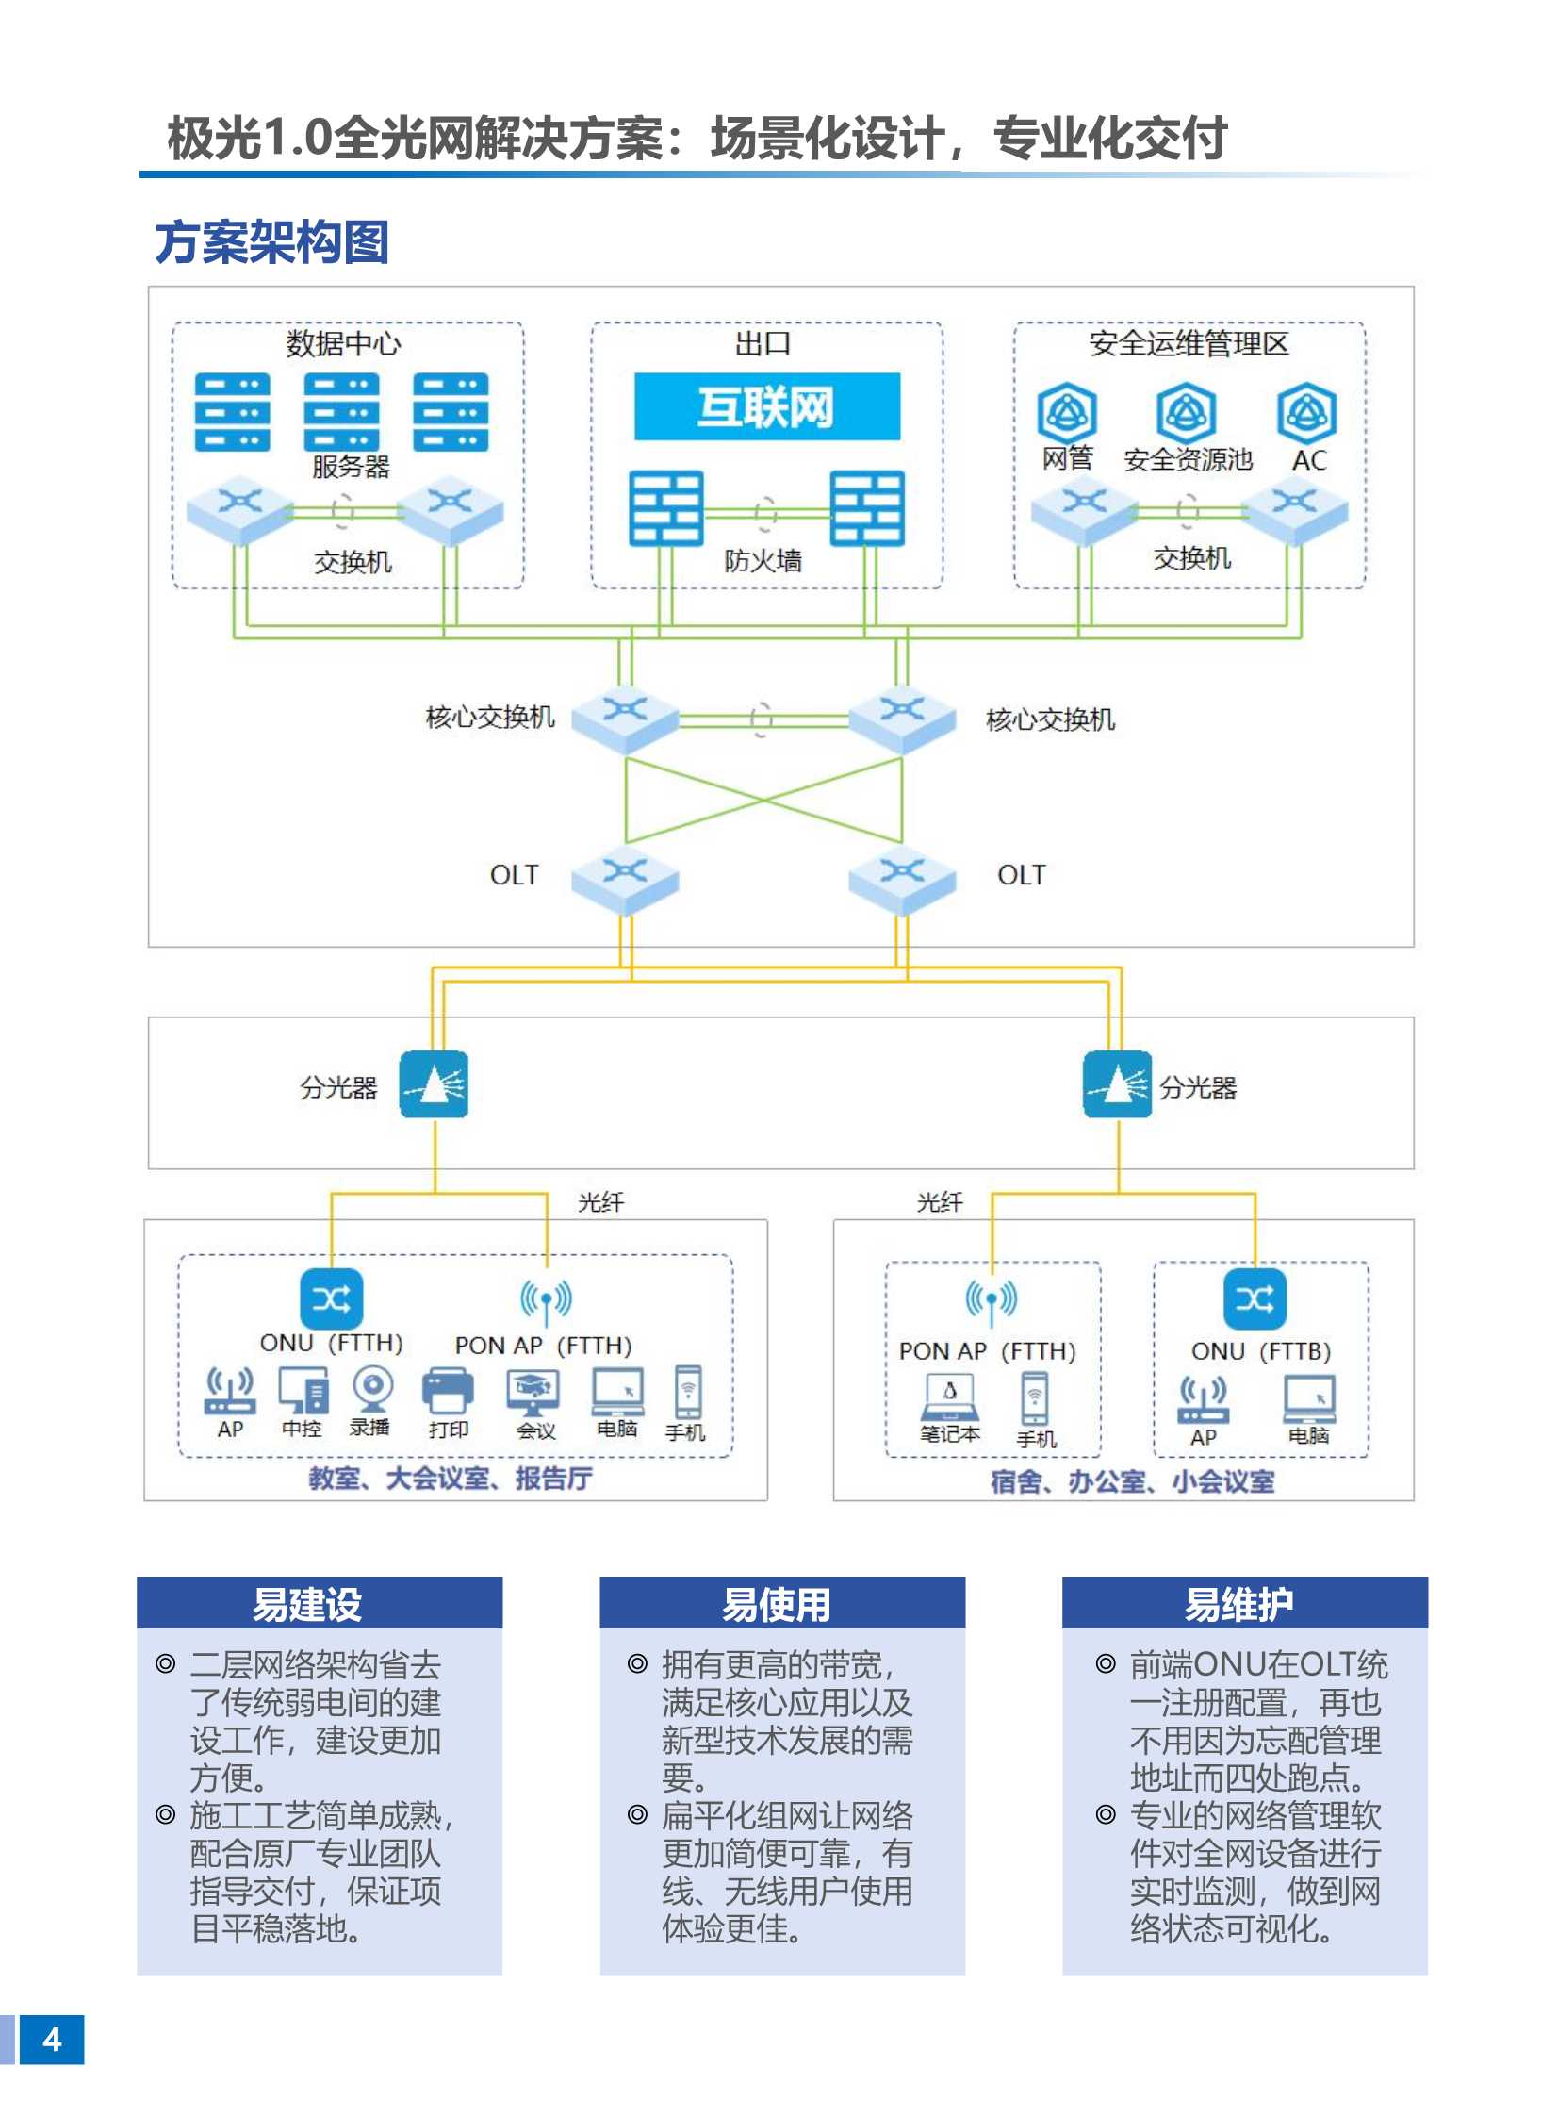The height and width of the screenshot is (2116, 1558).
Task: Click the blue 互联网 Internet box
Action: point(765,406)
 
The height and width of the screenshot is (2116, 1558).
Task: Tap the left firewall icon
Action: point(665,507)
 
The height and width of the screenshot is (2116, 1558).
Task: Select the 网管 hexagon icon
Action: point(1067,411)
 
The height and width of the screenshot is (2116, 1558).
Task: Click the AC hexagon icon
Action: point(1307,411)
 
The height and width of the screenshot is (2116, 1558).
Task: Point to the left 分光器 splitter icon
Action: point(433,1084)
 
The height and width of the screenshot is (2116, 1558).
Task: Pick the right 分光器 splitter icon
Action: point(1117,1084)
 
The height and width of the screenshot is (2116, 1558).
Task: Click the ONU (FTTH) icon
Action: point(331,1298)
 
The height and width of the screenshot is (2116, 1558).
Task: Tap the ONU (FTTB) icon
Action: point(1255,1298)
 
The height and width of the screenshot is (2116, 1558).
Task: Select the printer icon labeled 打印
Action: point(448,1390)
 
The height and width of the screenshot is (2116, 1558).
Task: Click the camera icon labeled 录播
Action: point(373,1388)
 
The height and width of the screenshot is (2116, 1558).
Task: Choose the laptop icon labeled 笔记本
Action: point(950,1397)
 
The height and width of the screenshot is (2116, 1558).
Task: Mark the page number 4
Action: point(52,2040)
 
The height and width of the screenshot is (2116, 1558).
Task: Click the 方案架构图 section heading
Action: point(271,241)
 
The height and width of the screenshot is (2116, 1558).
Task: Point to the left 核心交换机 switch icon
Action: point(624,719)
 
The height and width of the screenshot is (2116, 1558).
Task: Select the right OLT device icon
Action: point(902,881)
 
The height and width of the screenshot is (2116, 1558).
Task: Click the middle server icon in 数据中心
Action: point(341,411)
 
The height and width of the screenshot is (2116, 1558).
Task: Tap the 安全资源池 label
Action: point(1188,460)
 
